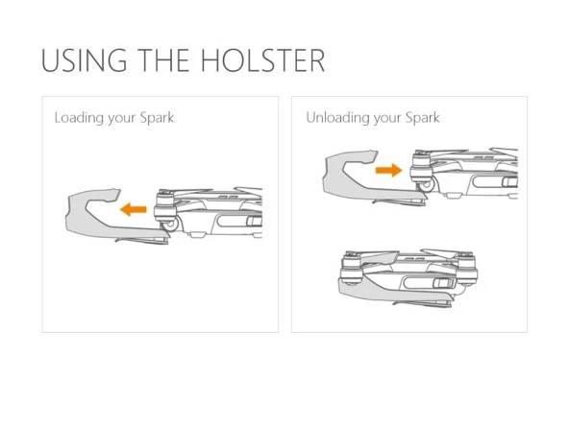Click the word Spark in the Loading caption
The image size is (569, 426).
tap(155, 118)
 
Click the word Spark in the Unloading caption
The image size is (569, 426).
tap(420, 118)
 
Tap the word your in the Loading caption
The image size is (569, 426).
tap(121, 118)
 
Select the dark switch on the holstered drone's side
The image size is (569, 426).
tap(441, 283)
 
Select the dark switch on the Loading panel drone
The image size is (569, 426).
tap(254, 224)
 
